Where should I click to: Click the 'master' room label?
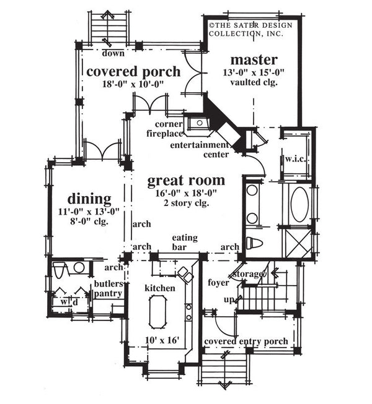[x=254, y=60]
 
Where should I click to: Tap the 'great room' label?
[x=186, y=181]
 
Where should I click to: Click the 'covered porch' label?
[x=133, y=71]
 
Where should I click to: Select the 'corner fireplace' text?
[x=165, y=128]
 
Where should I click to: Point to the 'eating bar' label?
[x=185, y=241]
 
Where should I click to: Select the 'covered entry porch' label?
[x=246, y=341]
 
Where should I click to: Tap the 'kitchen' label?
[x=159, y=288]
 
